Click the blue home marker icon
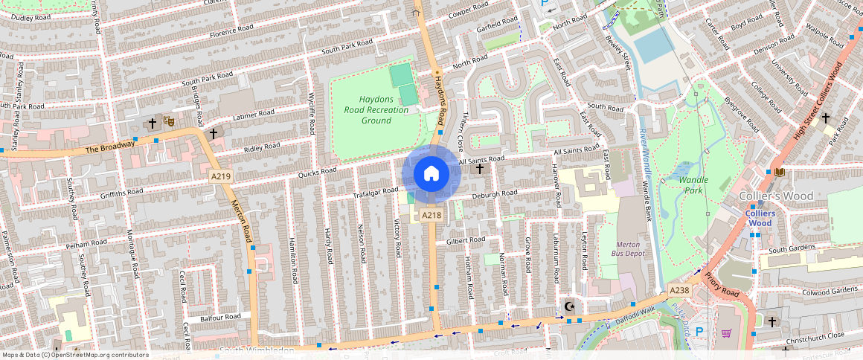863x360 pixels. pos(431,173)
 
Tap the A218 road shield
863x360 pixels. pos(431,215)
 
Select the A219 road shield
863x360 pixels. pos(220,176)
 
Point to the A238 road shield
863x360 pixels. pos(679,289)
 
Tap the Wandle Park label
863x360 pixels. pos(693,184)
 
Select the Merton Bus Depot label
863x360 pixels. pos(628,249)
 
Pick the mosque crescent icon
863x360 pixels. pos(570,306)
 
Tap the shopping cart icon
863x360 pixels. pos(726,333)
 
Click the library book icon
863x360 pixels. pos(779,173)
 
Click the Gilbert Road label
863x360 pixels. pos(465,240)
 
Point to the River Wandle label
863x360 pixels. pos(642,144)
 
